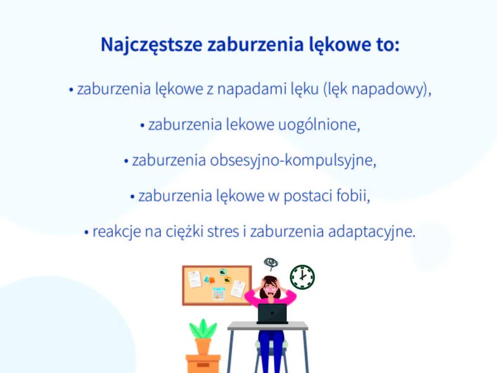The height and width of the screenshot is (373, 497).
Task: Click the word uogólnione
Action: tap(318, 125)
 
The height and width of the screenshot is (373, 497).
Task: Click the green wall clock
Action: tap(302, 277)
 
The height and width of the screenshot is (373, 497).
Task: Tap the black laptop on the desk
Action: tap(272, 313)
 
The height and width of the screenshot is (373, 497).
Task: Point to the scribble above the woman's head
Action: tap(271, 264)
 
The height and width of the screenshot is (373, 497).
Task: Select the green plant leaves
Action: tap(203, 329)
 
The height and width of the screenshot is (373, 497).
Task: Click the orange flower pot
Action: tap(203, 346)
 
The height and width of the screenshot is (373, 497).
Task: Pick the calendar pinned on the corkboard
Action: tap(218, 293)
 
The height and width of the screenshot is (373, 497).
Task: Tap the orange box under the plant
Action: tap(203, 363)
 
